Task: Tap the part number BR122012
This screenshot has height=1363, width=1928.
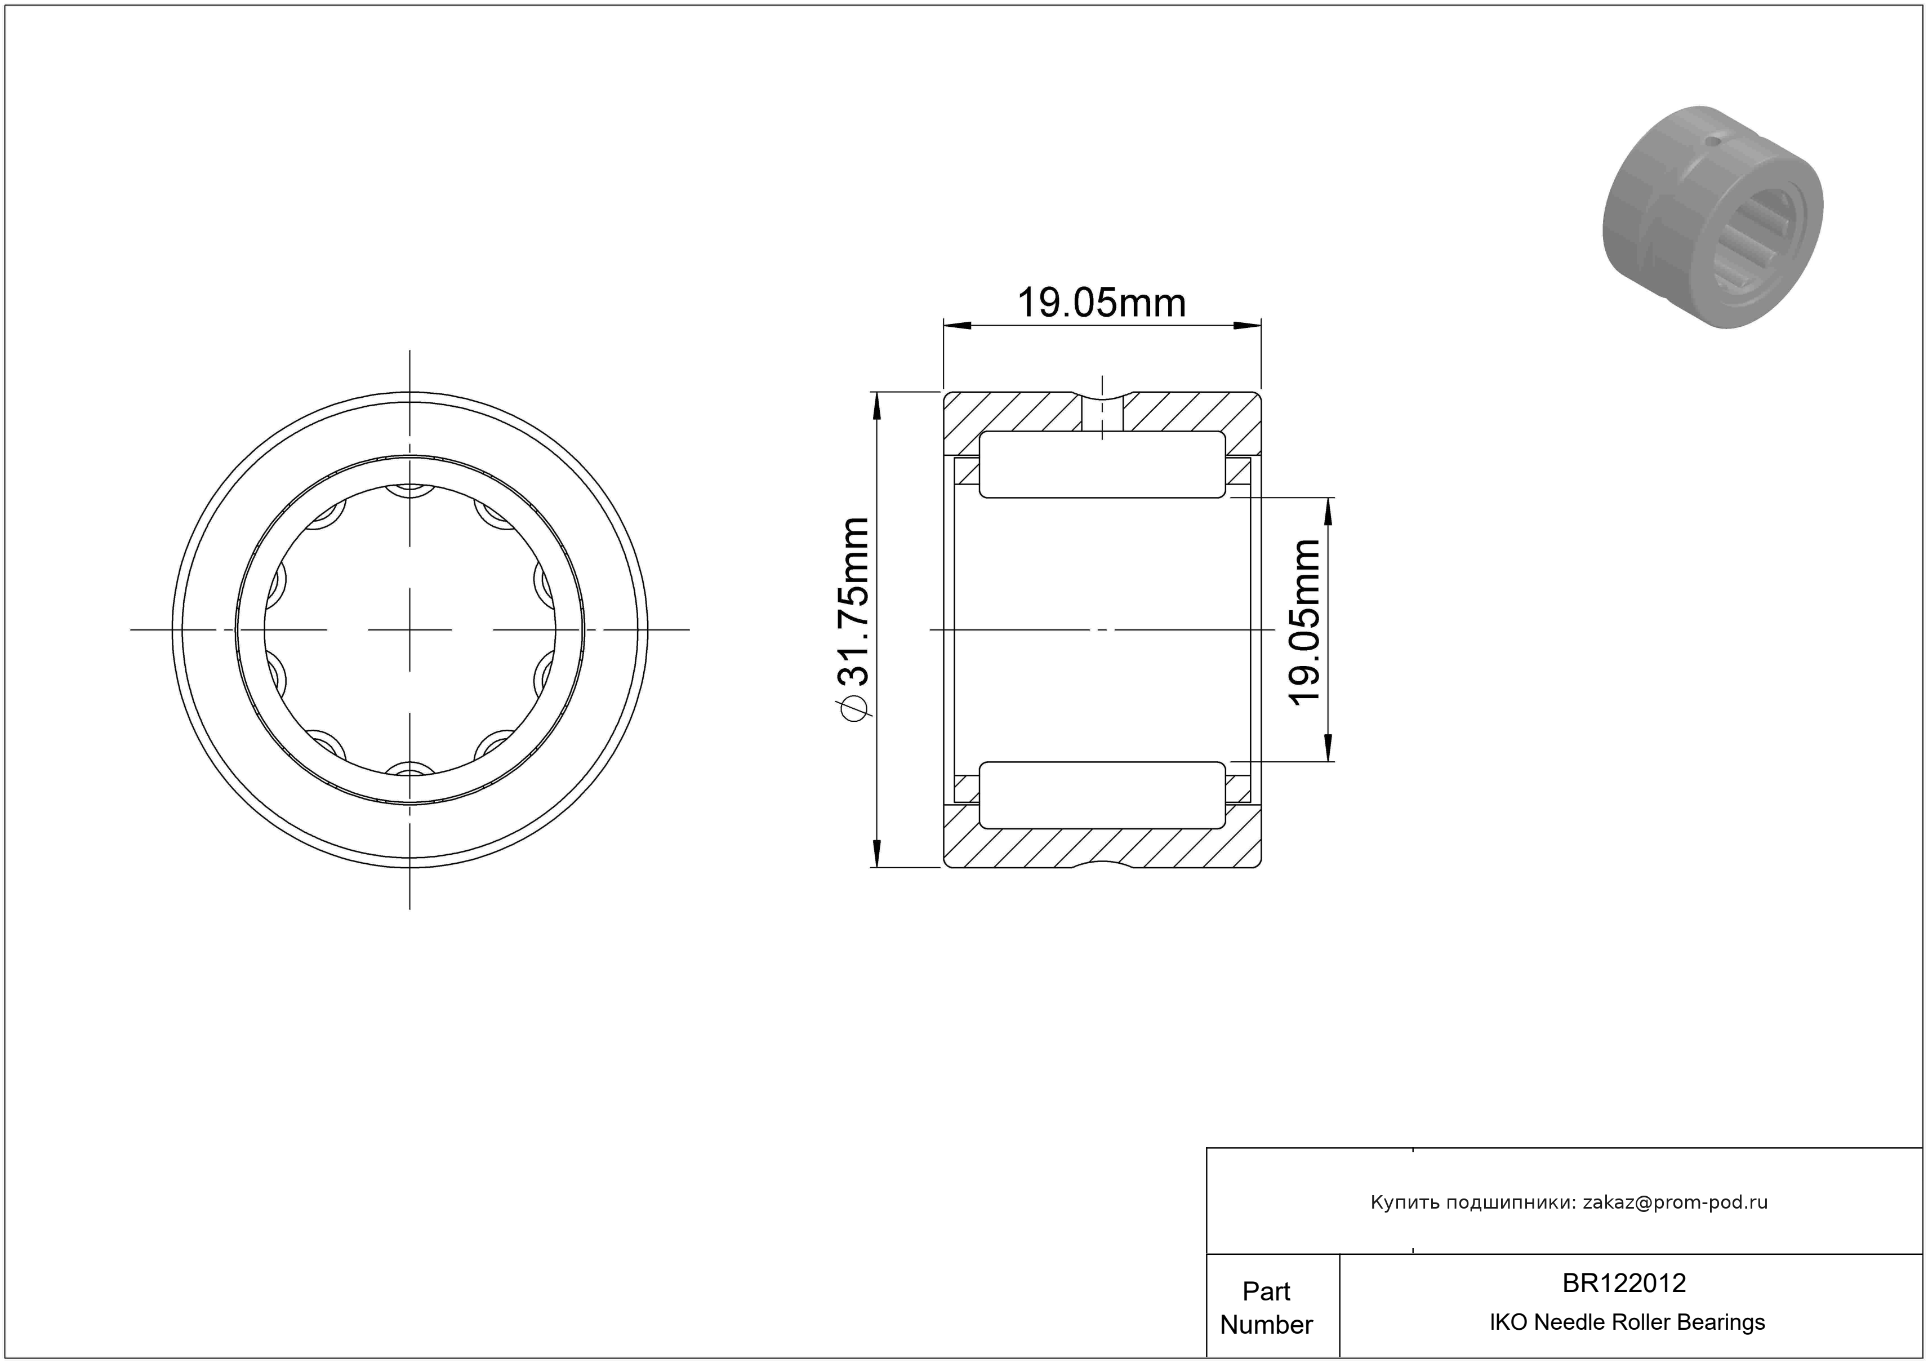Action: (1624, 1282)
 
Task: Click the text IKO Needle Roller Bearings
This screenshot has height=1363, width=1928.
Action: (1627, 1322)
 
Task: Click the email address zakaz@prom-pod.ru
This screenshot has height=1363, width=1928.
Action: (1675, 1202)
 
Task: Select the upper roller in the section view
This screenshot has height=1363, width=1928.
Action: (1102, 464)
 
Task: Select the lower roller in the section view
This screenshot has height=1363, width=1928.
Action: (1102, 794)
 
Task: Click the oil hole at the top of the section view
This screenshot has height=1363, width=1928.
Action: (1102, 413)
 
